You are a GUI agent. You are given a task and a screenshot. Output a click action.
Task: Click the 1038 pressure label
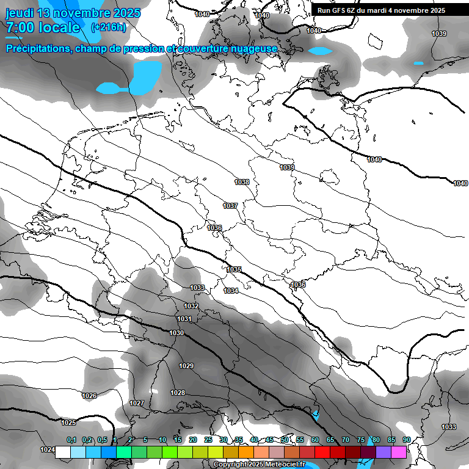coord(242,182)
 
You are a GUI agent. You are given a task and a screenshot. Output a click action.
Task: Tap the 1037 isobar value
coord(230,206)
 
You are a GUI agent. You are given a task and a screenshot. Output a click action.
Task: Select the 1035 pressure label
coord(234,269)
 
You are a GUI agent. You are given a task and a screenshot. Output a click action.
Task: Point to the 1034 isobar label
coord(231,291)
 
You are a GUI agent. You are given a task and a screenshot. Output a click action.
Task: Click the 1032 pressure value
coord(191,306)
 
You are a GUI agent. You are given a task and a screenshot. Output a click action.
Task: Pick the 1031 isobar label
coord(184,319)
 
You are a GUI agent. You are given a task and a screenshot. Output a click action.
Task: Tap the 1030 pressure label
coord(176,333)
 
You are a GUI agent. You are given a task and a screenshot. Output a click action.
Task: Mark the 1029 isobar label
coord(186,366)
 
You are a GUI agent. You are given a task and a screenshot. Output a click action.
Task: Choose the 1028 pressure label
coord(178,393)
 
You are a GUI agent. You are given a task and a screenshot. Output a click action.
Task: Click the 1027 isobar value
coord(137,403)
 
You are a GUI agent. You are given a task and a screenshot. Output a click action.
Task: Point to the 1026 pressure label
coord(89,396)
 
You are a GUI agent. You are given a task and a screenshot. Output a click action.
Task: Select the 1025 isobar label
coord(68,423)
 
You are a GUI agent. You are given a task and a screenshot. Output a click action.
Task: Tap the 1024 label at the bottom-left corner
coord(47,449)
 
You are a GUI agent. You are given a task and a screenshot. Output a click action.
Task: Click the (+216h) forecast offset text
coord(109,27)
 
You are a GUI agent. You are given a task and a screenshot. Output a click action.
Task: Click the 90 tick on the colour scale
coord(406,440)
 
